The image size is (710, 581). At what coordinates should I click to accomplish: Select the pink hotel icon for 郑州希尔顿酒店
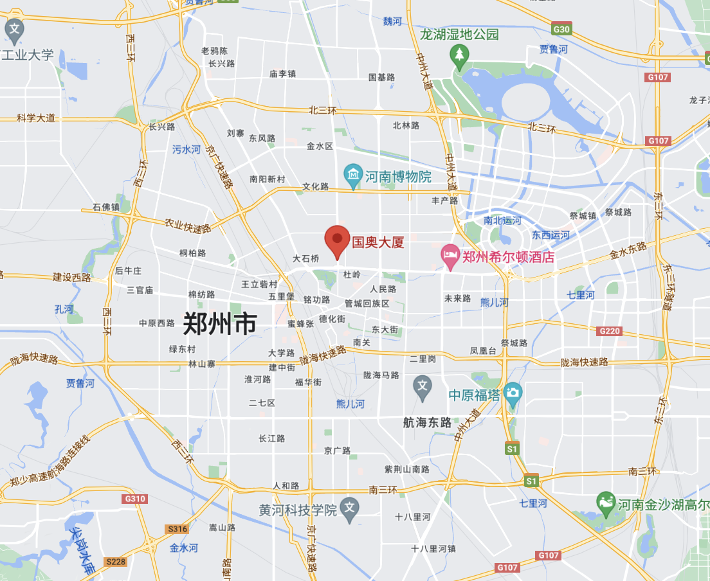pos(450,256)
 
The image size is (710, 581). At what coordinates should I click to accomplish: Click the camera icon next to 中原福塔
pos(513,393)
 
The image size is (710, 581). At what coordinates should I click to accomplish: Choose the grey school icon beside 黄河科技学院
pos(349,508)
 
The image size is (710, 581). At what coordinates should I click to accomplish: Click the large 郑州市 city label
pos(220,323)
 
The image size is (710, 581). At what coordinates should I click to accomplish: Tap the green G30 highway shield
pos(561,29)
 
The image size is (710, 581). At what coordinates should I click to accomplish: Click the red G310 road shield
pos(135,499)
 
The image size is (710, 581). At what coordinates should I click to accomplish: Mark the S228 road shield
pos(116,561)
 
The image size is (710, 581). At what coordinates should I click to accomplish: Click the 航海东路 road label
pos(427,422)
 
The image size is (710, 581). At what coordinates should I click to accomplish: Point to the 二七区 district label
pos(262,403)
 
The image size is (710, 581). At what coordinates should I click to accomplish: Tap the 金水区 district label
pos(320,147)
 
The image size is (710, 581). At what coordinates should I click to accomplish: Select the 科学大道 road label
pos(36,118)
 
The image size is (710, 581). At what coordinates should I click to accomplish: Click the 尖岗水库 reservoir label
pos(83,550)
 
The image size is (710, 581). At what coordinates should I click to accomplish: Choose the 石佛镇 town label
pos(106,207)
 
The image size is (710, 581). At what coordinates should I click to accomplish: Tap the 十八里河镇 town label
pos(433,548)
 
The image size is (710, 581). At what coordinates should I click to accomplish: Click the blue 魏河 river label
pos(392,21)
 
